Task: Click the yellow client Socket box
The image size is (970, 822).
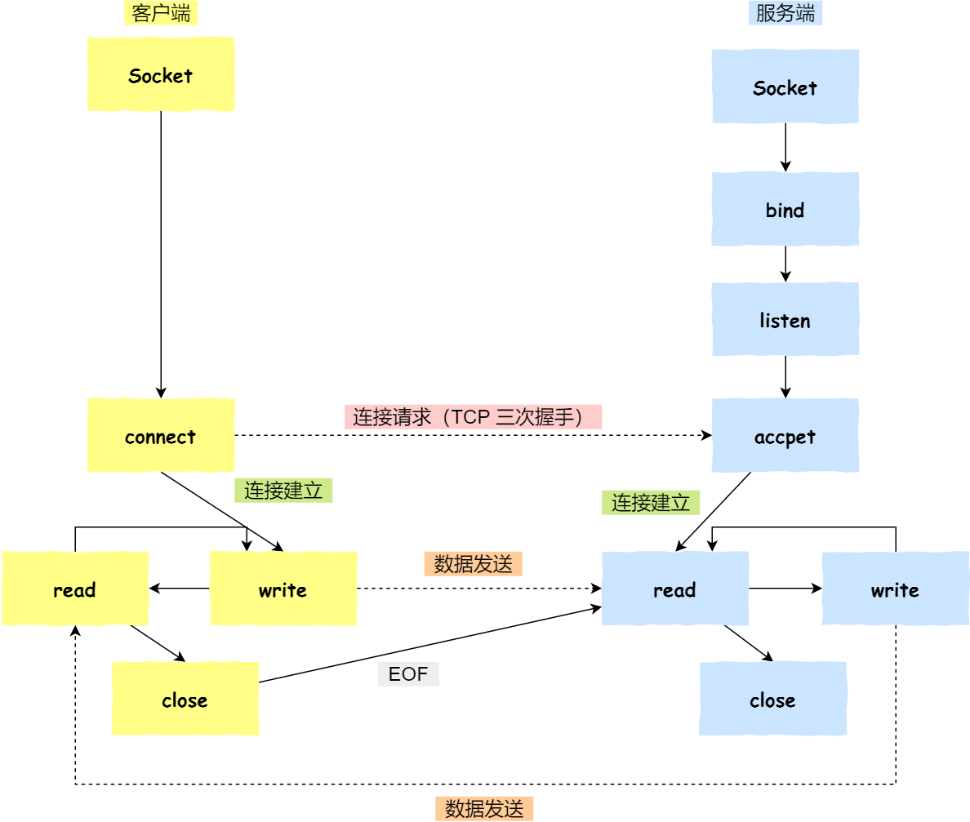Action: coord(161,74)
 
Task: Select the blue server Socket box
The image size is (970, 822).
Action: coord(785,87)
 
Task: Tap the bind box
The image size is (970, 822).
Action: coord(785,209)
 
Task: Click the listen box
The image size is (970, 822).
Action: coord(785,319)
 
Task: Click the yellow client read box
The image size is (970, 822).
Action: coord(75,589)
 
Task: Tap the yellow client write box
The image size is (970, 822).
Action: coord(283,589)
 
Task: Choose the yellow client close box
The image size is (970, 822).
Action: coord(185,699)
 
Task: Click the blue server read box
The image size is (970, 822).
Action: coord(675,589)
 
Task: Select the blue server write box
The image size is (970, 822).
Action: coord(896,589)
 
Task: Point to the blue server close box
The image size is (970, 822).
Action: coord(772,699)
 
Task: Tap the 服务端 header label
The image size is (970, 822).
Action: coord(785,13)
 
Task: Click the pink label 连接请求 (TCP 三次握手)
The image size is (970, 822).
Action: coord(473,417)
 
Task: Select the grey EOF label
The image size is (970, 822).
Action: coord(408,674)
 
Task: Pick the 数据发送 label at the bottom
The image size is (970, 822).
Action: coord(483,809)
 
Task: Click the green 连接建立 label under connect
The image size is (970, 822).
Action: coord(283,491)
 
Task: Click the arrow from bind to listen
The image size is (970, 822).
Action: coord(785,264)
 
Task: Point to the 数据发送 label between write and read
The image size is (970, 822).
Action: coord(473,564)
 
